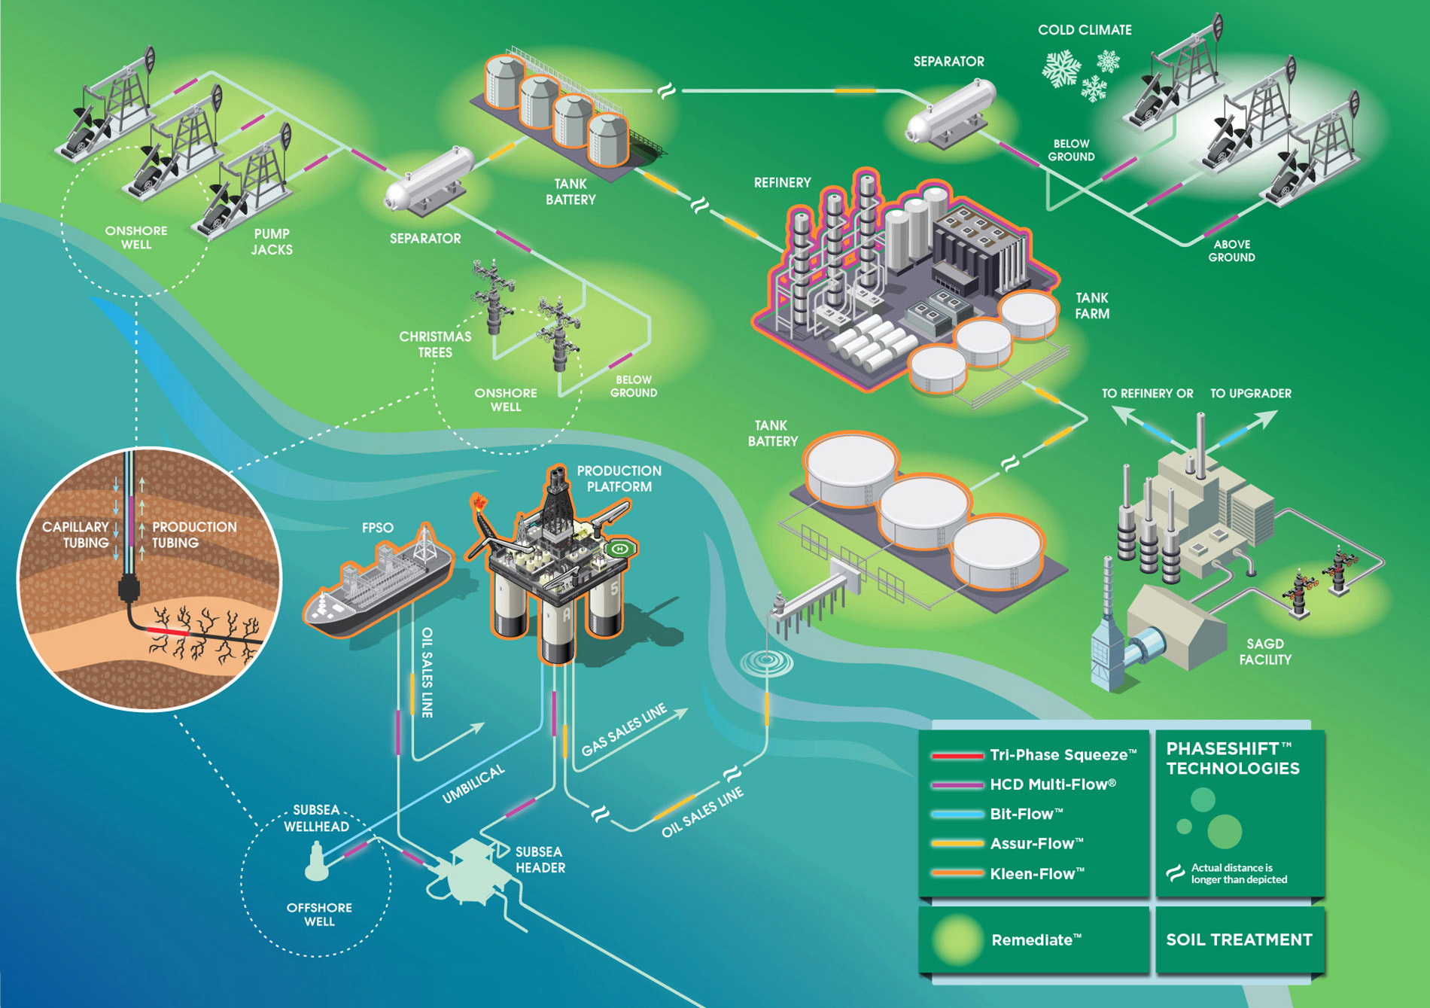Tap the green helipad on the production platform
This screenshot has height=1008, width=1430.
[619, 549]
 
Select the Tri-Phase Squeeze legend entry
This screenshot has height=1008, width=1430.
[1033, 755]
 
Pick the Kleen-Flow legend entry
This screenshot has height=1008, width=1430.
[1007, 874]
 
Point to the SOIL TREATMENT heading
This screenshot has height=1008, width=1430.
[1239, 939]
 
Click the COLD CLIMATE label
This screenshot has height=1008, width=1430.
[1085, 30]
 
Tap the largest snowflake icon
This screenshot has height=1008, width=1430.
[1061, 69]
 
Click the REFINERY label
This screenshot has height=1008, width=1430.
[783, 182]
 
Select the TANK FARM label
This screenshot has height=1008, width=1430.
[1092, 306]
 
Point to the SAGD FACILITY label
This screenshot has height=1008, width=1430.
[1265, 652]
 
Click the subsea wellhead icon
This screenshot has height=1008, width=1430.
[317, 863]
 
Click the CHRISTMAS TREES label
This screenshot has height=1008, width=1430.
[435, 344]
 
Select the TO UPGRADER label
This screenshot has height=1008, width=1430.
[1251, 393]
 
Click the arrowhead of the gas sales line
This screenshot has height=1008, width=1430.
[681, 712]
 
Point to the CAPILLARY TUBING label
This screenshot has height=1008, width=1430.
[75, 534]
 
